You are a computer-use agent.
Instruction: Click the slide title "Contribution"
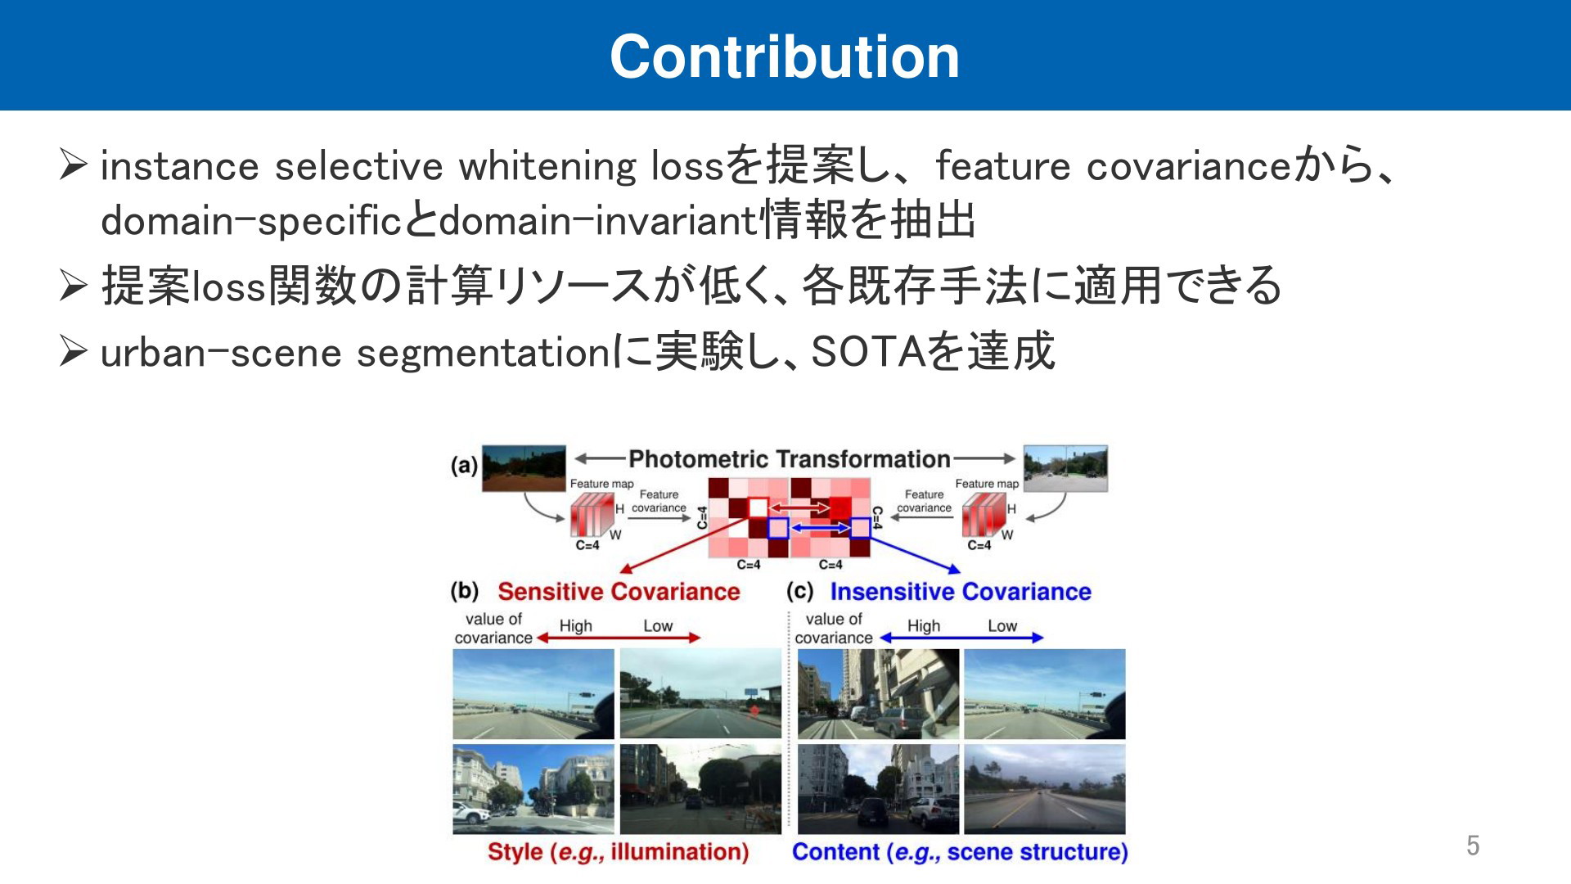click(x=785, y=56)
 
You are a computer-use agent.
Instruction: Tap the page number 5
click(x=1473, y=846)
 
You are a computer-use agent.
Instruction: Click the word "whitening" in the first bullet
click(x=547, y=166)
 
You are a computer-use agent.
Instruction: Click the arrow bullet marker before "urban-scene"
click(x=73, y=352)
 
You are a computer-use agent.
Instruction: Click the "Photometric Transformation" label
click(x=790, y=459)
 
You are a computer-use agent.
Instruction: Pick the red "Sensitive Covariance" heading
click(x=619, y=591)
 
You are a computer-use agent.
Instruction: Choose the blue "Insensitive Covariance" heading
click(x=961, y=591)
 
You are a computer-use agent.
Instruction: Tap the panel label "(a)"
click(x=464, y=466)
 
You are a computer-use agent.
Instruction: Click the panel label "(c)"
click(x=799, y=590)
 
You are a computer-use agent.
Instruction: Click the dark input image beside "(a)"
click(x=524, y=468)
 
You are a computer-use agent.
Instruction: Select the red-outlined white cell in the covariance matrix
click(x=758, y=508)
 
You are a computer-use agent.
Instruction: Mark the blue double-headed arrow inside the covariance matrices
click(x=819, y=529)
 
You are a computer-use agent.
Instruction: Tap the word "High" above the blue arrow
click(x=924, y=625)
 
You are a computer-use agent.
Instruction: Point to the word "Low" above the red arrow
click(x=658, y=625)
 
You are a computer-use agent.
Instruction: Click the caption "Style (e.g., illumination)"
click(x=619, y=852)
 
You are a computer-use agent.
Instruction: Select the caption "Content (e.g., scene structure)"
click(x=960, y=852)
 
